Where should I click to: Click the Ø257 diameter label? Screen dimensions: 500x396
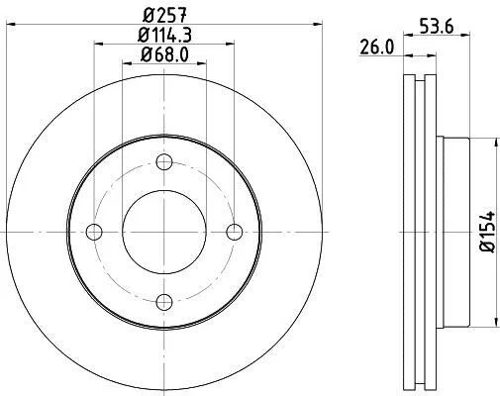tap(165, 15)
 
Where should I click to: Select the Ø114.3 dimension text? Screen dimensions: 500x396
tap(164, 35)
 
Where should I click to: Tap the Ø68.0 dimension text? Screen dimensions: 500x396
tap(164, 54)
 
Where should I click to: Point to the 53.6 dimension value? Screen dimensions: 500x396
tap(437, 27)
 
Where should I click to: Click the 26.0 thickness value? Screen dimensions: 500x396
tap(376, 48)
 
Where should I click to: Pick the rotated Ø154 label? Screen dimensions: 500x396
tap(488, 232)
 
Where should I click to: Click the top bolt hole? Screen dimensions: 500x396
tap(164, 162)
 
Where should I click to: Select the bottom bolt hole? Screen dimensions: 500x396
tap(164, 302)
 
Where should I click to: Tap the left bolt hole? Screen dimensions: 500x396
tap(94, 232)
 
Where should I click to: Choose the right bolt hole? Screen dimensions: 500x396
tap(235, 232)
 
